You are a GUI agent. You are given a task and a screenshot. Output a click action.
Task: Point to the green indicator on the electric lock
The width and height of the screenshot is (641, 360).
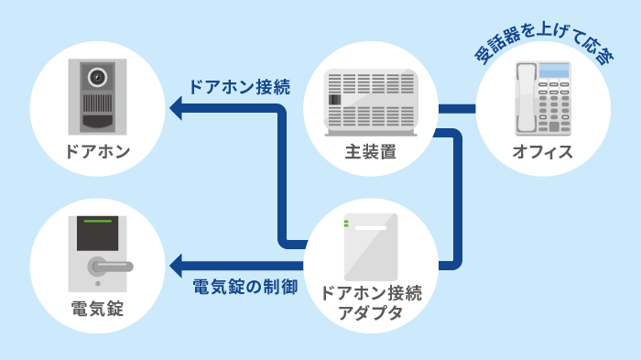tap(97, 222)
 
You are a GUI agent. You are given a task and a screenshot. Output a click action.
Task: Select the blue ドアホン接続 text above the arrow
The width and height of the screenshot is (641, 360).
tap(239, 88)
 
